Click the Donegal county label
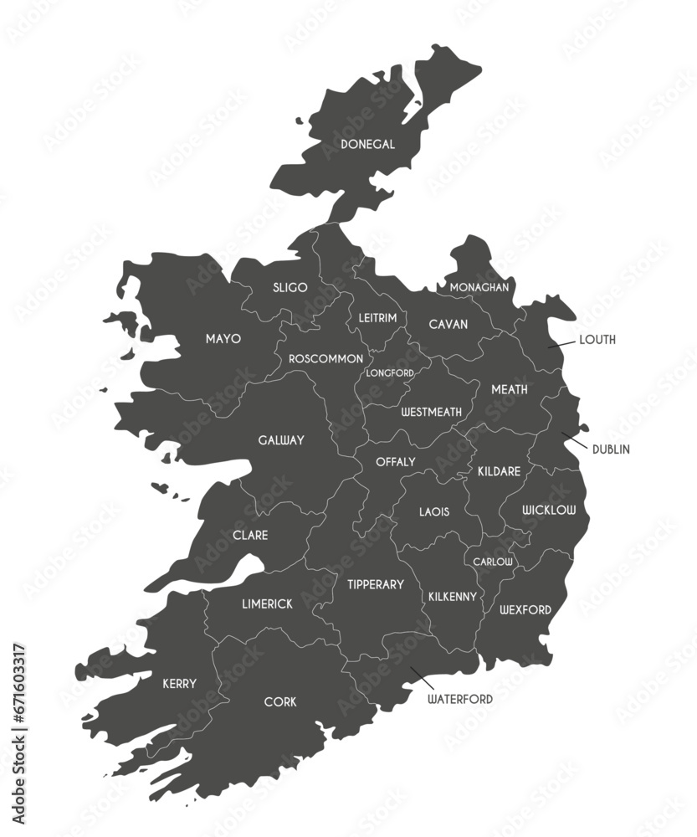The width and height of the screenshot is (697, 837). (x=368, y=145)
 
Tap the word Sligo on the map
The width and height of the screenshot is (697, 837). (x=290, y=288)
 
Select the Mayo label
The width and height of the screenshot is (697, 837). (x=223, y=339)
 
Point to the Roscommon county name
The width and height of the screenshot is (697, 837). (x=325, y=358)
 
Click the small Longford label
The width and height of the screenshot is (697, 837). (x=390, y=372)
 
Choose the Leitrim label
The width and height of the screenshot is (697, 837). (x=377, y=318)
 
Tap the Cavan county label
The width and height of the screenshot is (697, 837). (x=448, y=325)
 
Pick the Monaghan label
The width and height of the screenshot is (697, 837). (x=479, y=287)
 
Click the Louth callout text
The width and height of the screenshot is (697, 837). (x=597, y=340)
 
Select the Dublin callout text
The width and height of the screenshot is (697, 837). (x=611, y=449)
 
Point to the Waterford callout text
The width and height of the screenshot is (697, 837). (x=460, y=699)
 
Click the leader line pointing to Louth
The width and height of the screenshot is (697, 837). (x=561, y=344)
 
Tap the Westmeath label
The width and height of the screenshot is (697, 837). (x=432, y=413)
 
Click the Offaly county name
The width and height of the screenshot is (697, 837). (x=396, y=462)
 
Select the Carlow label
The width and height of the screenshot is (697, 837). (x=494, y=562)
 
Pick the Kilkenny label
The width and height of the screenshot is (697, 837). (x=453, y=597)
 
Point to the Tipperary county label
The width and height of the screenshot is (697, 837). (x=376, y=585)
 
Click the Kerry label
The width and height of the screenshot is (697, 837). (x=179, y=684)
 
